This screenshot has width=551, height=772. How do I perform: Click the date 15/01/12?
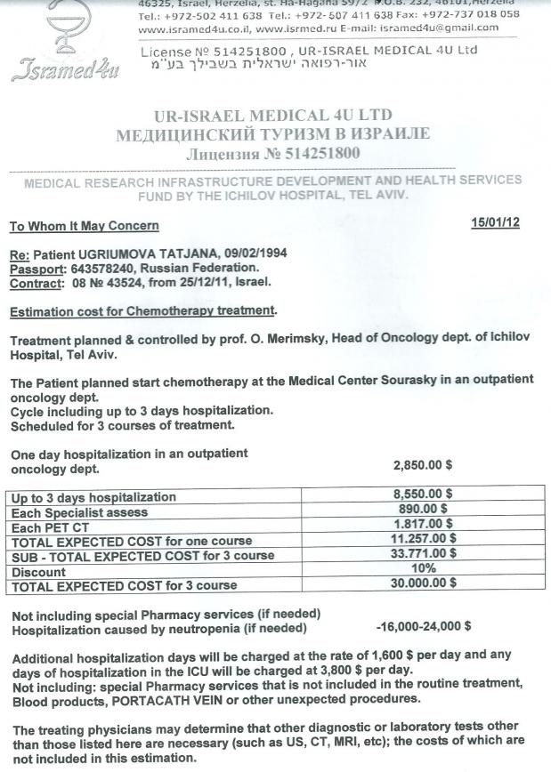[x=495, y=222]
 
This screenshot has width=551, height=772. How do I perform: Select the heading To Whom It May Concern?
[x=85, y=226]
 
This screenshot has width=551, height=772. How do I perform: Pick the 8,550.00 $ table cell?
[x=424, y=496]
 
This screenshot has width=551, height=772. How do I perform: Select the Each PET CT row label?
[x=45, y=526]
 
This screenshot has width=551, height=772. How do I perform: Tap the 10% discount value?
[x=424, y=569]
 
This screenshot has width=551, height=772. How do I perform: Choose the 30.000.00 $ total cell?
[x=424, y=583]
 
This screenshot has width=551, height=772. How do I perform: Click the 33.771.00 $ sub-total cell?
[x=424, y=555]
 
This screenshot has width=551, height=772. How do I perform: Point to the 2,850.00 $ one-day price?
[x=425, y=464]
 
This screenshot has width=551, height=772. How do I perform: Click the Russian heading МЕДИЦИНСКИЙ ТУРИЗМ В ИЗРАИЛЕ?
[x=272, y=134]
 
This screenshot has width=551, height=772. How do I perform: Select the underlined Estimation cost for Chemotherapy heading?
[x=142, y=310]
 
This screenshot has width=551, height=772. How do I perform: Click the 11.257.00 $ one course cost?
[x=424, y=540]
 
